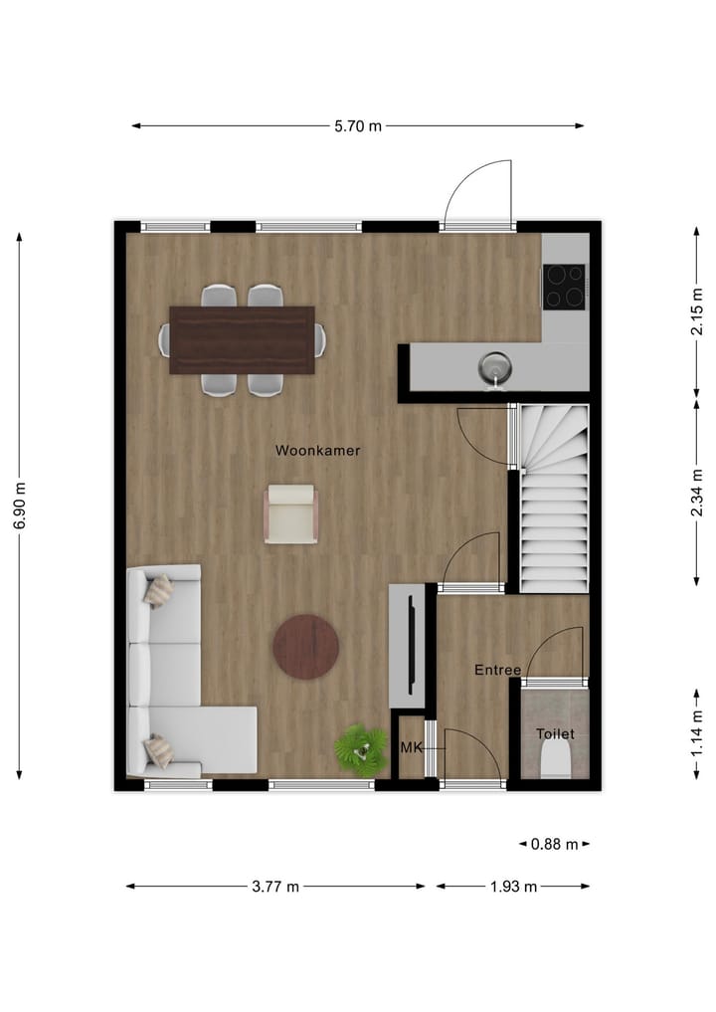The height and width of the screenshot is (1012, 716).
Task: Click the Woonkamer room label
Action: [x=317, y=451]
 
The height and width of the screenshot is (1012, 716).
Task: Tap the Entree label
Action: [x=497, y=671]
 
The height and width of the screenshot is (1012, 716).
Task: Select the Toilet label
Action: [x=555, y=734]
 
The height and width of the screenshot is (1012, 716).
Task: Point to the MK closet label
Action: [x=411, y=746]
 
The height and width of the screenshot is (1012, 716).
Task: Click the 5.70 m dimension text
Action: [x=358, y=126]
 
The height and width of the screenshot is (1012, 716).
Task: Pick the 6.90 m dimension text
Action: [x=19, y=507]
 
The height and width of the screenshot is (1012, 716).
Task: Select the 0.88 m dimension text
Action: [x=555, y=844]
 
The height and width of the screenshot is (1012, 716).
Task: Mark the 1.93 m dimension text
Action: [x=513, y=887]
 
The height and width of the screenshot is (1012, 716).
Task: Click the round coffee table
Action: [x=306, y=647]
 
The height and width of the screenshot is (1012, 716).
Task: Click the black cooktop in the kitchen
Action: [x=565, y=286]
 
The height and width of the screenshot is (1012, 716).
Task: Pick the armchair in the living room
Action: [x=290, y=513]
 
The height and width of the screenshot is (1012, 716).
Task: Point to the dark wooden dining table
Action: [x=243, y=340]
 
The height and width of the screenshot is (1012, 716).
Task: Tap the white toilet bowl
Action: [x=554, y=762]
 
